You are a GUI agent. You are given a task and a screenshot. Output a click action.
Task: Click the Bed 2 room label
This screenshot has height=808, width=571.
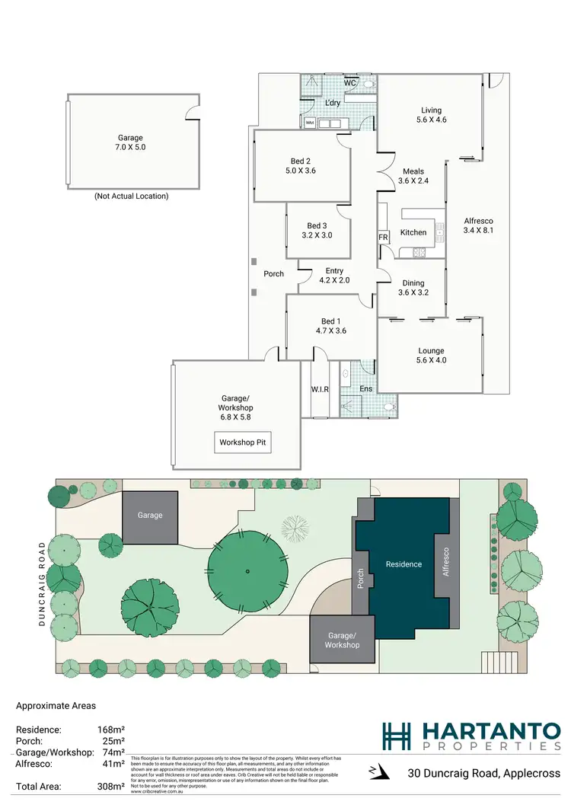[301, 165]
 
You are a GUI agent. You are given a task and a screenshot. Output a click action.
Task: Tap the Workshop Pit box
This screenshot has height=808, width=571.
[242, 442]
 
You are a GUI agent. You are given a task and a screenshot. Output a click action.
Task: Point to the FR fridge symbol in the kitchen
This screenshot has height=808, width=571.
[383, 238]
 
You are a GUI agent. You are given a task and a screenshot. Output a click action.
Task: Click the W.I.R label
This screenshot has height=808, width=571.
[320, 390]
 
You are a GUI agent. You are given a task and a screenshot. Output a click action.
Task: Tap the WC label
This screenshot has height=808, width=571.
[351, 82]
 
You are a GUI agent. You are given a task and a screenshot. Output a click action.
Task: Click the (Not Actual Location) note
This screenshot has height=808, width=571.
[131, 196]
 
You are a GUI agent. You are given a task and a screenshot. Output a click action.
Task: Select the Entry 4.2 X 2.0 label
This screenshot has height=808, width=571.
[334, 276]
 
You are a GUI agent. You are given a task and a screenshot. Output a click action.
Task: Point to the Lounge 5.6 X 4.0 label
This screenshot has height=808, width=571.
[431, 356]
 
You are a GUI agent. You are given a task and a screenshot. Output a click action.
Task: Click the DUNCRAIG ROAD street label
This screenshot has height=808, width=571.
[42, 584]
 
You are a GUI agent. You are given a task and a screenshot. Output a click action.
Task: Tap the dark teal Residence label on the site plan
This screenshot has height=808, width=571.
[404, 564]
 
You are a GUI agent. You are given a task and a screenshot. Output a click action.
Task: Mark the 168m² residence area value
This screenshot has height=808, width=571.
[110, 730]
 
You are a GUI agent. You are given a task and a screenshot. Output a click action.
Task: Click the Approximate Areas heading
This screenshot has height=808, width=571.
[56, 706]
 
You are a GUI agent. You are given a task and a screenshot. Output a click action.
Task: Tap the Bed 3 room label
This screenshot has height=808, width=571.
[319, 230]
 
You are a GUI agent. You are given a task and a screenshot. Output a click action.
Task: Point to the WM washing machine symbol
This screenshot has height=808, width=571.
[310, 123]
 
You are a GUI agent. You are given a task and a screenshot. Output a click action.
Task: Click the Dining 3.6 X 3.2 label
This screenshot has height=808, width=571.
[412, 287]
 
